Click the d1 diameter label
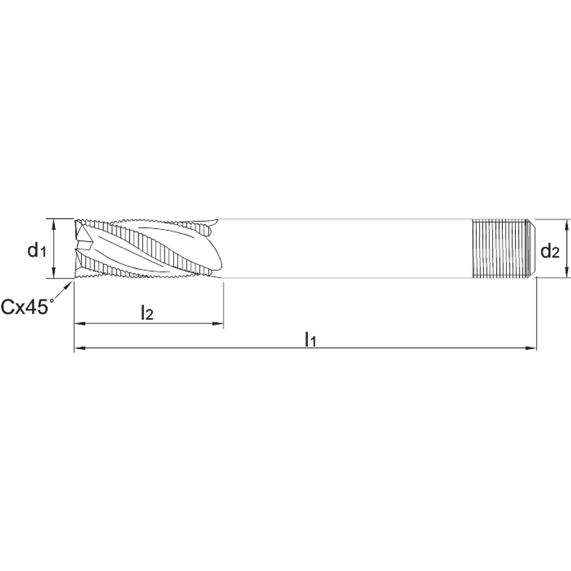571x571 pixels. tap(37, 250)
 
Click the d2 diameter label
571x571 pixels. tap(550, 251)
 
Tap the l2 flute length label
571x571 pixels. tap(147, 312)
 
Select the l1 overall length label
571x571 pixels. tap(311, 339)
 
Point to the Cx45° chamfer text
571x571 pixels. tap(27, 306)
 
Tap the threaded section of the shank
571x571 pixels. tap(500, 248)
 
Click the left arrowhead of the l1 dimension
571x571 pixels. tap(80, 348)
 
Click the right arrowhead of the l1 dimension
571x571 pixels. tap(530, 348)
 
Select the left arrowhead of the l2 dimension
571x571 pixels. tap(80, 323)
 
